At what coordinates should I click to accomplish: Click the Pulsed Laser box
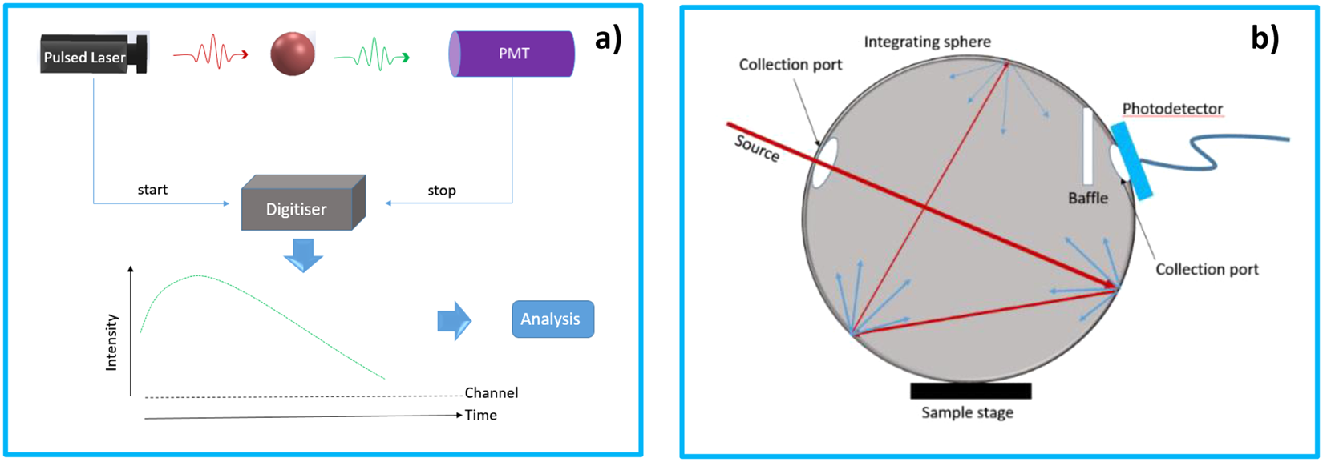click(92, 56)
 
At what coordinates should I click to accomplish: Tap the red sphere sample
click(292, 54)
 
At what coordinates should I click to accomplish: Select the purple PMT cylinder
click(512, 54)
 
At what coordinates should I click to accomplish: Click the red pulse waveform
click(211, 54)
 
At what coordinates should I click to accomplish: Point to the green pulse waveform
click(371, 56)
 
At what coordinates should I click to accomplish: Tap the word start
click(152, 190)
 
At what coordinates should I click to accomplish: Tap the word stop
click(442, 191)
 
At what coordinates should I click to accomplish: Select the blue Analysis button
click(552, 319)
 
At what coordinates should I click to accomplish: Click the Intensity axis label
click(111, 342)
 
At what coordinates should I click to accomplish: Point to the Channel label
click(491, 392)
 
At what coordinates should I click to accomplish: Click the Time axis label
click(481, 415)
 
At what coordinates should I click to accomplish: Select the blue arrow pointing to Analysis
click(455, 321)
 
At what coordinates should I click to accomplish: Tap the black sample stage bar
click(970, 391)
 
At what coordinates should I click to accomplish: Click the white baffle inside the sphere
click(1087, 146)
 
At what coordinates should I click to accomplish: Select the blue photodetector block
click(1131, 160)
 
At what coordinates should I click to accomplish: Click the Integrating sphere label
click(927, 42)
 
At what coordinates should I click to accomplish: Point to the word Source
click(756, 147)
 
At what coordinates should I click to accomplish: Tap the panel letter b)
click(1264, 38)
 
